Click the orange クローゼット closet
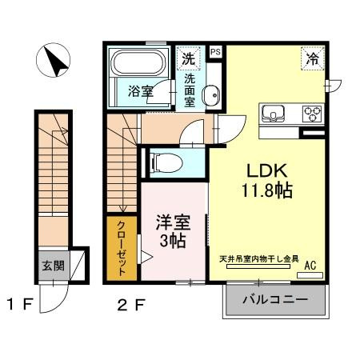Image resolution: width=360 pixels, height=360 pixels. point(122,248)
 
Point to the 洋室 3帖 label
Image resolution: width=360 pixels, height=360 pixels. point(171,230)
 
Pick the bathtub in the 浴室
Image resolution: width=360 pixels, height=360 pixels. point(137,63)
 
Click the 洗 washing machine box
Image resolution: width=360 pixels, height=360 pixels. point(187,58)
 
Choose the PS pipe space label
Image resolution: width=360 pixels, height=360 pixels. point(215,52)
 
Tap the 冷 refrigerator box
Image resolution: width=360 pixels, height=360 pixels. point(313,58)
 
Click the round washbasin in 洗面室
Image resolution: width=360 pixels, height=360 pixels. point(210,98)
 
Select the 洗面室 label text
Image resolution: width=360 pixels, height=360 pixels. point(191,90)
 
